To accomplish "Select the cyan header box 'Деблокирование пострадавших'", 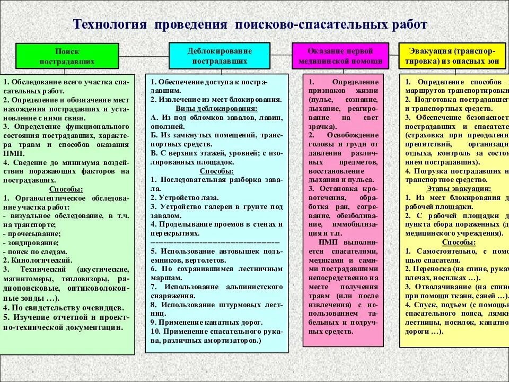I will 220,55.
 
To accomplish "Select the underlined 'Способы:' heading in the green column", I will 66,189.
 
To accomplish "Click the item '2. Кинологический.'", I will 38,261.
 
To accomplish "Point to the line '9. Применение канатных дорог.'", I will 206,322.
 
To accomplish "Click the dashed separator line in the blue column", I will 217,242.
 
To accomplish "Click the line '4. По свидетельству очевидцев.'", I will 64,308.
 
